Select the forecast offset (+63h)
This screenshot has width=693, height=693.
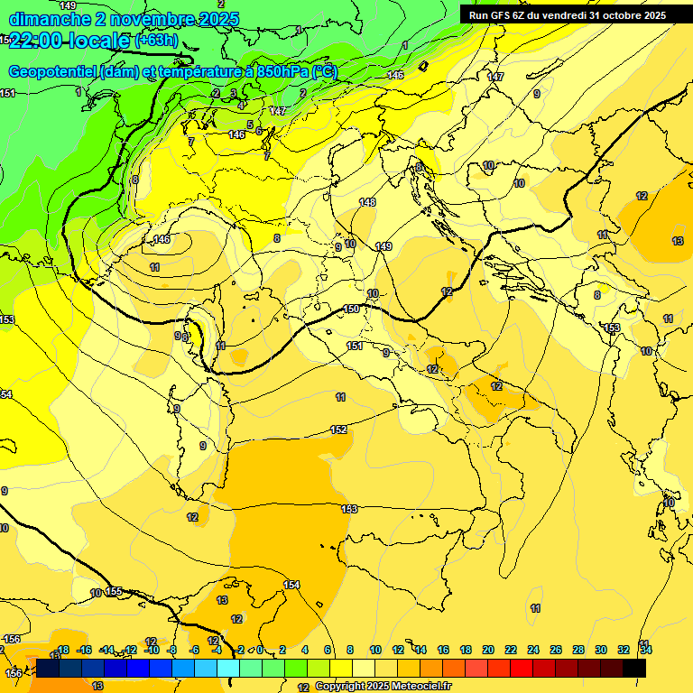point(156,41)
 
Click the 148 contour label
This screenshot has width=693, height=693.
point(366,202)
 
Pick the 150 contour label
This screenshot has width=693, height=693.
point(351,310)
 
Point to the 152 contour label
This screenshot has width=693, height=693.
point(338,430)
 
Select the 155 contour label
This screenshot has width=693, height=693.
point(114,591)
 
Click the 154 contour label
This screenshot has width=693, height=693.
point(291,585)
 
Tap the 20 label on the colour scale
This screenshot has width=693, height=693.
point(488,650)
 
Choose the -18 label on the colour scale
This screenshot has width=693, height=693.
point(62,650)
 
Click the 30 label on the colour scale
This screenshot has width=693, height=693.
point(601,650)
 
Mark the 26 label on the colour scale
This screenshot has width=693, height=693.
point(556,650)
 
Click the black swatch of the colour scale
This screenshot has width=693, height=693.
point(634,668)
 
